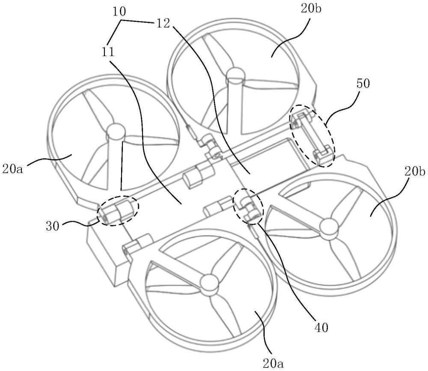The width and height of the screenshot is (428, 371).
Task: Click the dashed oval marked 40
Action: coord(248,206)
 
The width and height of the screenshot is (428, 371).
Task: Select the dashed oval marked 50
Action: coord(313,137)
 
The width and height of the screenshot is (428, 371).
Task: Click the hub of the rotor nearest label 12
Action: coord(235,76)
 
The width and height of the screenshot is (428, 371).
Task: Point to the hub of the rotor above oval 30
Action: coord(114,131)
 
